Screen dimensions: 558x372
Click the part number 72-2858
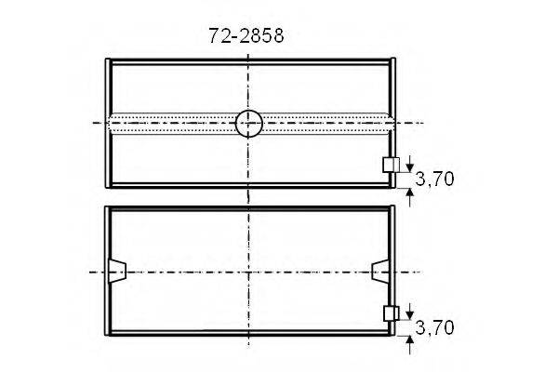pos(246,36)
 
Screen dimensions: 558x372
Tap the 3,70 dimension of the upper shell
pos(434,179)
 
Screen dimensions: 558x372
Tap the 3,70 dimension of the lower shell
pos(434,328)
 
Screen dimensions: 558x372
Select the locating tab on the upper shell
pos(391,166)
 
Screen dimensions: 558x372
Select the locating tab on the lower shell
pos(391,313)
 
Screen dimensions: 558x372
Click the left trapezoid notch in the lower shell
pos(117,272)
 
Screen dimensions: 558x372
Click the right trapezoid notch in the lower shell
pos(380,272)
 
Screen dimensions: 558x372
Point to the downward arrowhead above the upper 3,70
pos(410,168)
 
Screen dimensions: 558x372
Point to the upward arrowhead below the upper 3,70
pos(410,193)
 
